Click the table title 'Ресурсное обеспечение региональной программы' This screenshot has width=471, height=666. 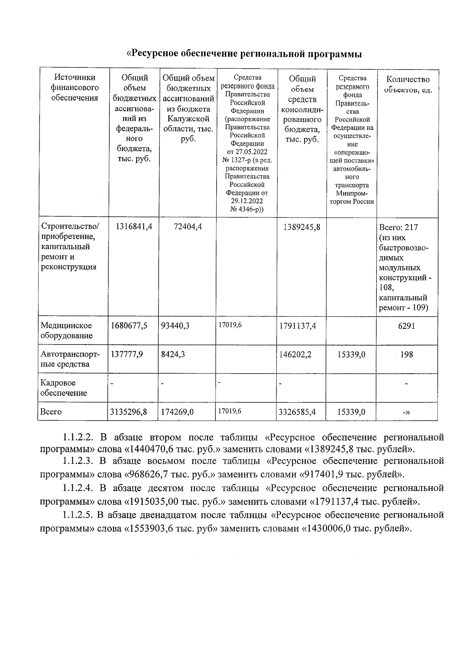click(x=244, y=54)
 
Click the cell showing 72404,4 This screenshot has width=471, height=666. click(x=188, y=226)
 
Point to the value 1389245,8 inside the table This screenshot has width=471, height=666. click(x=301, y=226)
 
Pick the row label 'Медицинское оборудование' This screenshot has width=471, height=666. click(x=67, y=330)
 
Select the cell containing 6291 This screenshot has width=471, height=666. click(x=407, y=326)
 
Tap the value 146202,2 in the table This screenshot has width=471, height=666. click(x=295, y=354)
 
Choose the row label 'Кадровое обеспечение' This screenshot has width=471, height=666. click(x=64, y=388)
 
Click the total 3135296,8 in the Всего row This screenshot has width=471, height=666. click(x=129, y=412)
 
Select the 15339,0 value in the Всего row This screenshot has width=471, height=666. click(x=351, y=412)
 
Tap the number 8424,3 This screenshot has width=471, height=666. click(x=173, y=354)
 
